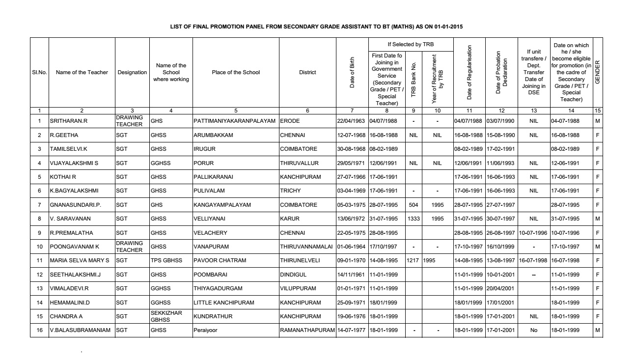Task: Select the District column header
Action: tap(307, 73)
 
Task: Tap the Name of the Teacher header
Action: tap(82, 73)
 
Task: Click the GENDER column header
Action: tap(597, 73)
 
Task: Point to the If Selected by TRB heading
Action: tap(410, 45)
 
